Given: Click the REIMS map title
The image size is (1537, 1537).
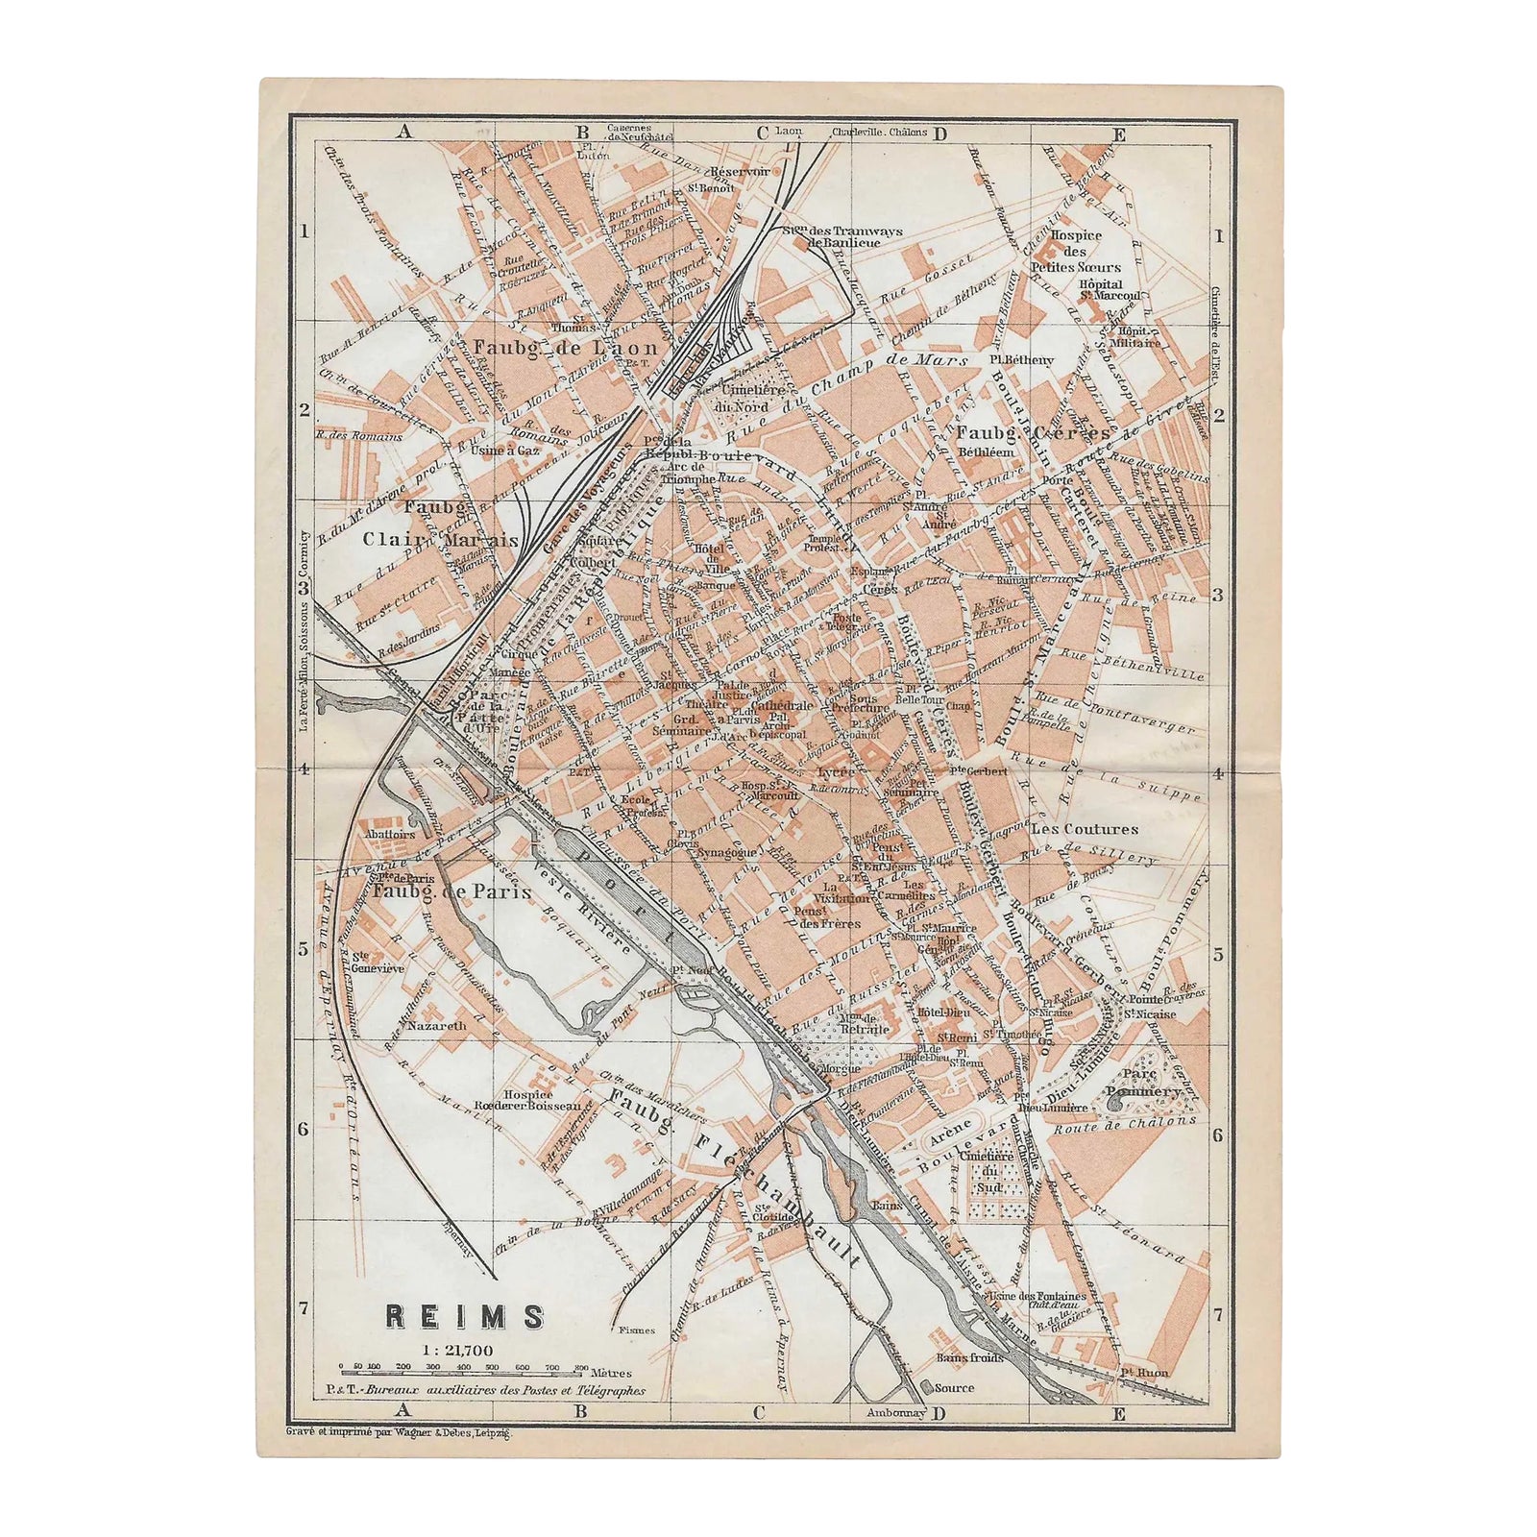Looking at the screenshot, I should pos(464,1316).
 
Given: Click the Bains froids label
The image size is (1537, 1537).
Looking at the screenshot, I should pos(969,1357).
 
